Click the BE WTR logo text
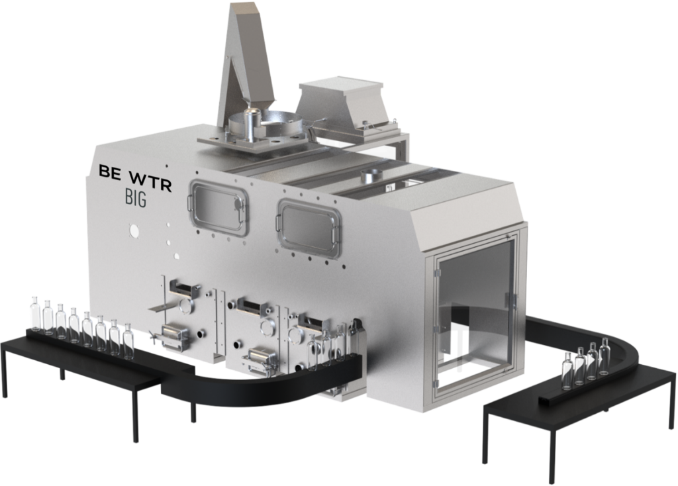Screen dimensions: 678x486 135,177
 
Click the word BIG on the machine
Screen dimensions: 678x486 135,198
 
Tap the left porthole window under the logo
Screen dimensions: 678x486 218,207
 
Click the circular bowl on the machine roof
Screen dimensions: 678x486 268,124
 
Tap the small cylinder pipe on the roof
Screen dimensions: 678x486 370,176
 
